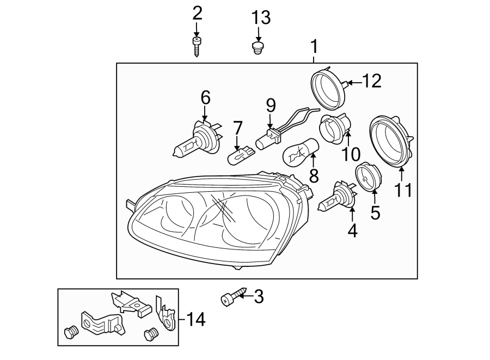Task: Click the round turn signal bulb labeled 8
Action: pyautogui.click(x=299, y=154)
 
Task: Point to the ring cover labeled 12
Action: pyautogui.click(x=329, y=88)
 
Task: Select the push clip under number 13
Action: pyautogui.click(x=259, y=48)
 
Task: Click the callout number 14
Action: pyautogui.click(x=194, y=320)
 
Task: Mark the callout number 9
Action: pyautogui.click(x=271, y=105)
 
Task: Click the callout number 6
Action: pyautogui.click(x=205, y=98)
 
